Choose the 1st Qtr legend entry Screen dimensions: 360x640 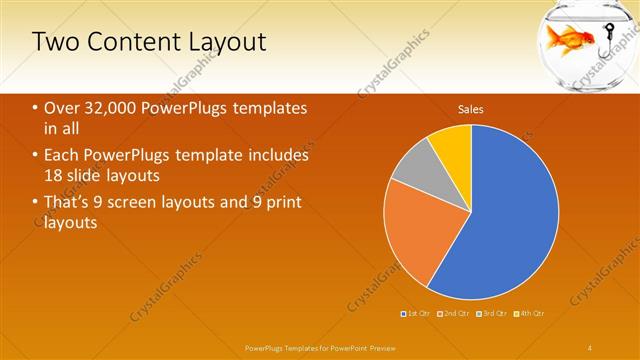coord(414,313)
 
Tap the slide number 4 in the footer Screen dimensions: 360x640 coord(590,347)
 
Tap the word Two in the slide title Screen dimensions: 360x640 coord(51,42)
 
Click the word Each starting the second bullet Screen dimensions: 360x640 coord(63,155)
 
